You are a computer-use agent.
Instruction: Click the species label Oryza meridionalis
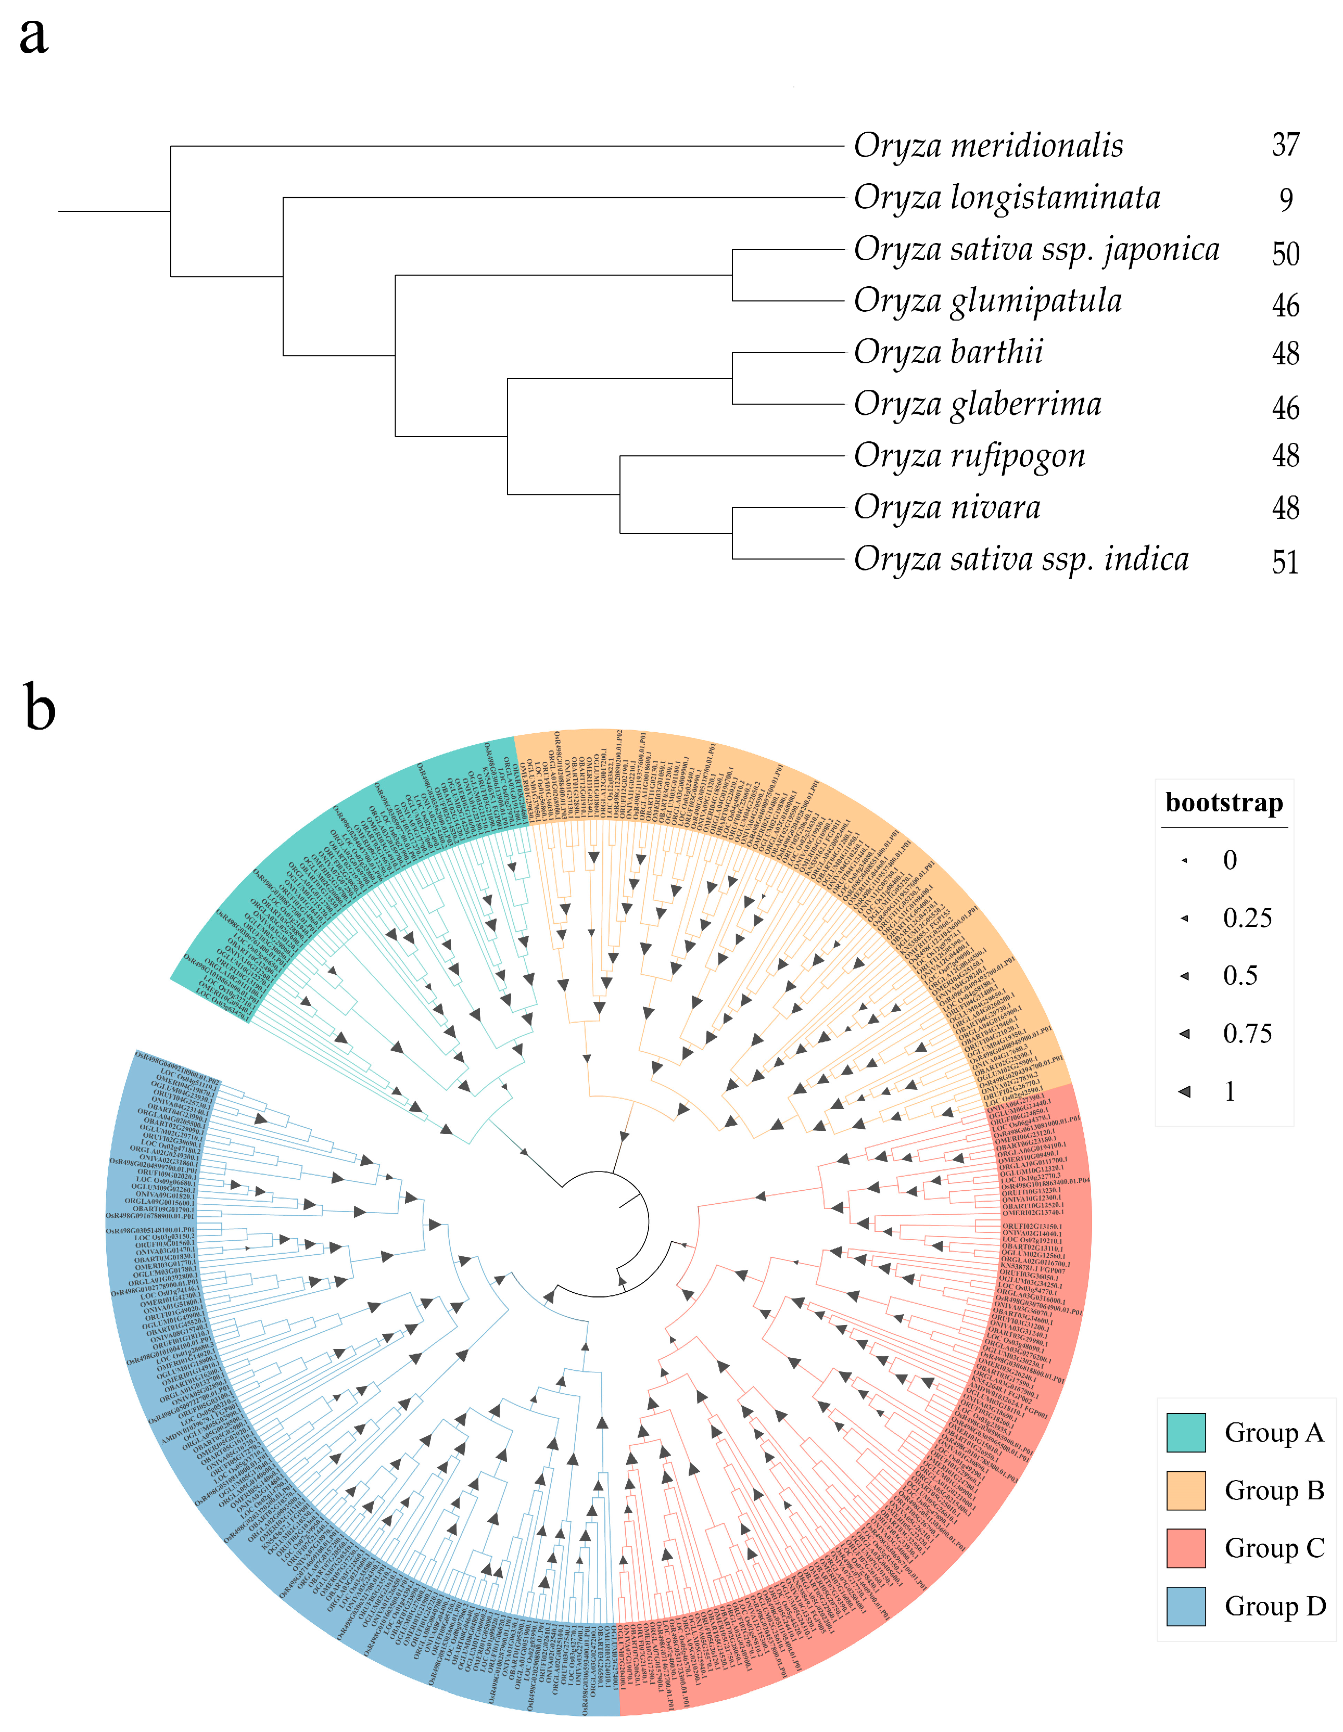click(x=987, y=146)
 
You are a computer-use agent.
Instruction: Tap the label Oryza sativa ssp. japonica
click(x=1036, y=250)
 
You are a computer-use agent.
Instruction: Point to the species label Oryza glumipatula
click(x=987, y=301)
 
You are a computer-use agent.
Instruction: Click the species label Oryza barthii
click(x=948, y=352)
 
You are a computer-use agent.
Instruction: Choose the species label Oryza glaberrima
click(x=977, y=404)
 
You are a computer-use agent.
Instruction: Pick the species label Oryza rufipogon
click(x=969, y=456)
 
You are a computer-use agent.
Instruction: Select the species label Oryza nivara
click(x=947, y=507)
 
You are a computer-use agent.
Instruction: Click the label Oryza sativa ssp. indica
click(x=1021, y=559)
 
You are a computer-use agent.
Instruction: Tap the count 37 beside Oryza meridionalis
click(x=1285, y=145)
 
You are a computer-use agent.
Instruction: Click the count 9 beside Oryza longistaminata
click(x=1286, y=199)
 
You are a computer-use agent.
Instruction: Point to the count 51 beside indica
click(x=1285, y=562)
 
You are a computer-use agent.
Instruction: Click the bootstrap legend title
click(x=1223, y=803)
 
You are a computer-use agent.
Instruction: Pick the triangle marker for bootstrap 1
click(x=1185, y=1091)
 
